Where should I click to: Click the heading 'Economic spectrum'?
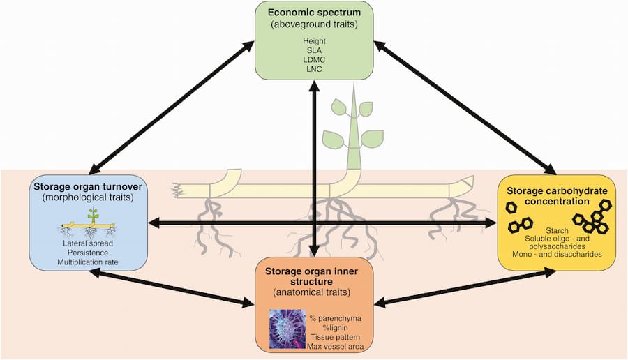(314, 13)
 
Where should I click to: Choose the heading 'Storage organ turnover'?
(89, 186)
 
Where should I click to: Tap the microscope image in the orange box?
(287, 329)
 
